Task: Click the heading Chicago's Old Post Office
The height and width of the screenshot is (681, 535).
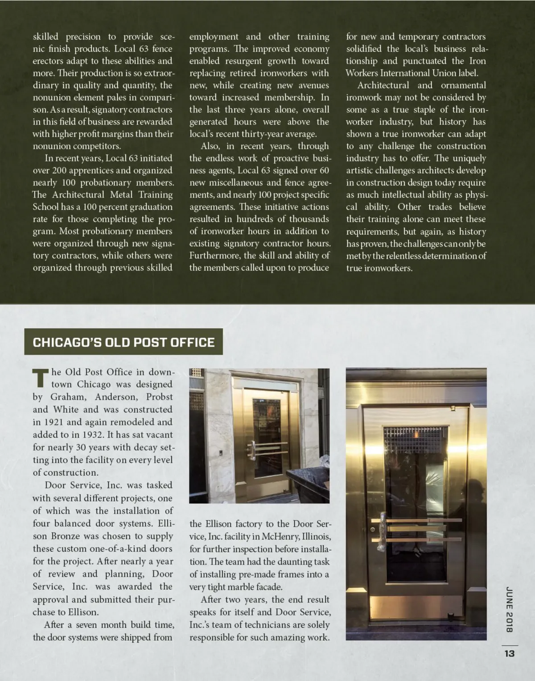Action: pos(123,342)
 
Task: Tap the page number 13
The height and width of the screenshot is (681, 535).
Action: pos(510,653)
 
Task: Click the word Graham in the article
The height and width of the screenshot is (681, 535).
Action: pos(68,397)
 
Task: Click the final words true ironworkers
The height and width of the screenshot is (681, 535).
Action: pos(379,268)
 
